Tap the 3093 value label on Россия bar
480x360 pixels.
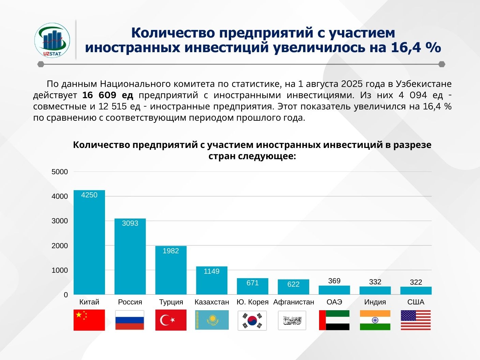point(130,223)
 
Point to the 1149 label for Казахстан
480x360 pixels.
point(211,271)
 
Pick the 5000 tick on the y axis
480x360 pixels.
point(60,172)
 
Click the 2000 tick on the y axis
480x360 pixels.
point(60,246)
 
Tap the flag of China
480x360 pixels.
point(89,320)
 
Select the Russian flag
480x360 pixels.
point(130,320)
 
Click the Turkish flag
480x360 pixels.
point(171,320)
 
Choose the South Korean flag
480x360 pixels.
point(252,320)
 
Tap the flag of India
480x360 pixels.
point(375,320)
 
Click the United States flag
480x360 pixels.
point(416,320)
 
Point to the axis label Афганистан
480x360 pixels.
point(294,302)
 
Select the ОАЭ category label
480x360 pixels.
point(334,302)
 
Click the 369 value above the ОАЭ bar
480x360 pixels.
point(334,281)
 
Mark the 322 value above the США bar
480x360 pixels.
point(416,282)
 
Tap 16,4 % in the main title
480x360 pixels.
point(416,47)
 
